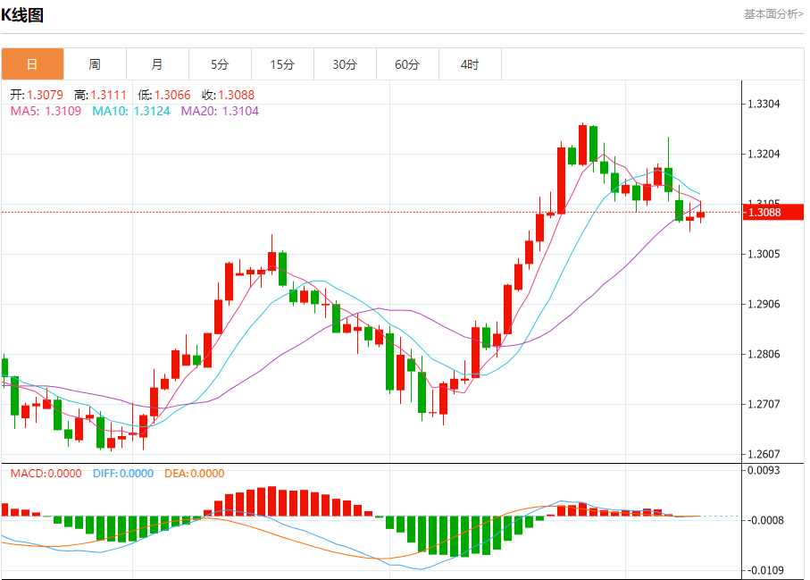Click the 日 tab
click(x=32, y=64)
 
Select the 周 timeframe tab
click(x=95, y=64)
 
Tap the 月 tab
click(x=157, y=64)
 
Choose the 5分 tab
click(x=220, y=64)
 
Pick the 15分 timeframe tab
click(x=282, y=64)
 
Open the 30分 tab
click(x=345, y=64)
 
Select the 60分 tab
click(x=407, y=64)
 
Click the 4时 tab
click(x=470, y=64)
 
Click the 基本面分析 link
click(x=773, y=14)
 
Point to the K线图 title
click(x=22, y=15)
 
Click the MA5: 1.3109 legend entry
click(x=46, y=111)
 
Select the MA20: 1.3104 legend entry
click(x=220, y=111)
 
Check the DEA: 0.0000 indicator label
click(x=195, y=474)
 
